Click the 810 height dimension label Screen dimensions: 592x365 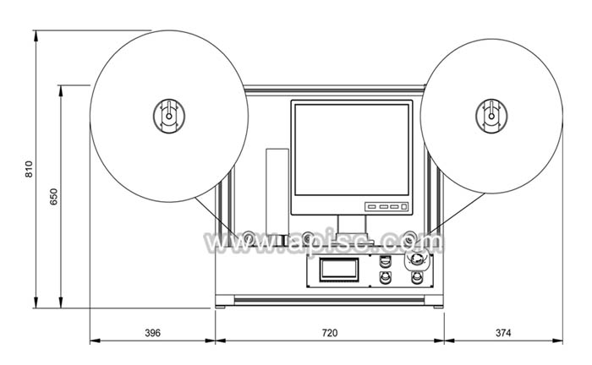[x=29, y=169]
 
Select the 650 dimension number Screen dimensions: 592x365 [x=53, y=197]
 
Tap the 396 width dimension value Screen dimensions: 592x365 [x=152, y=333]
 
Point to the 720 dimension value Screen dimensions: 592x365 [x=330, y=333]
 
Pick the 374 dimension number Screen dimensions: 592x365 [x=503, y=333]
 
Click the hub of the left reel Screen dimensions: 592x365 [x=169, y=116]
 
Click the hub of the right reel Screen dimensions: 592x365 [x=491, y=116]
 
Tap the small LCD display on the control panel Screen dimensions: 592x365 [x=339, y=270]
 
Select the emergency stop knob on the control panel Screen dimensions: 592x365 [x=416, y=259]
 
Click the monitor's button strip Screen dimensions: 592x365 [x=386, y=207]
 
